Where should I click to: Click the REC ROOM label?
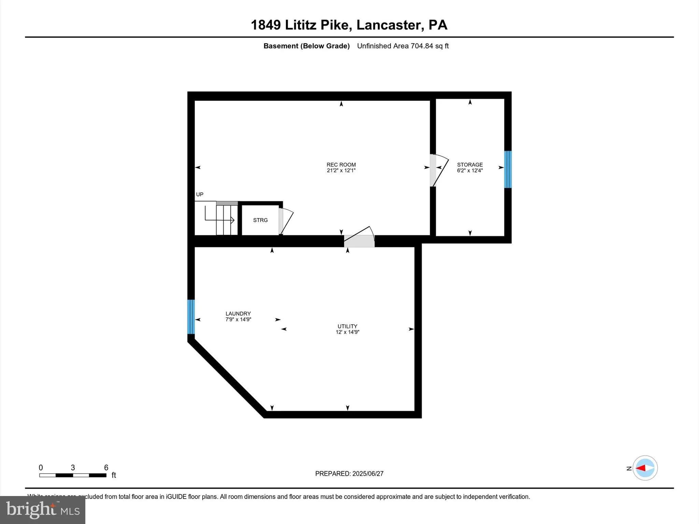[x=341, y=164]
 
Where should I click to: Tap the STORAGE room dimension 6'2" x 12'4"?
[x=470, y=171]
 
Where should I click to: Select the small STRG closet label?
[x=260, y=220]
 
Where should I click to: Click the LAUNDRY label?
[x=238, y=314]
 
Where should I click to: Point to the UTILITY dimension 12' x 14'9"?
[x=347, y=332]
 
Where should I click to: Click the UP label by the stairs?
[x=200, y=194]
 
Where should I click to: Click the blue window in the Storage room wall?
[x=508, y=169]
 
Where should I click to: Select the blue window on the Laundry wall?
[x=191, y=317]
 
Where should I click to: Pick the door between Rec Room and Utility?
[x=359, y=239]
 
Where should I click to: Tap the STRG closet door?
[x=285, y=221]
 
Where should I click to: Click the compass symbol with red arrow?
[x=645, y=468]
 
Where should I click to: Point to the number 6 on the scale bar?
[x=106, y=467]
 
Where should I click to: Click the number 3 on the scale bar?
[x=73, y=467]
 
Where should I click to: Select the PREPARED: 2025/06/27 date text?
[x=349, y=474]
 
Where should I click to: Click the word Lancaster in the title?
[x=388, y=25]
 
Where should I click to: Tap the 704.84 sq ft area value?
[x=429, y=46]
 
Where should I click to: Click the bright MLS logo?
[x=43, y=510]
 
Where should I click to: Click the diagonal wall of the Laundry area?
[x=227, y=379]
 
